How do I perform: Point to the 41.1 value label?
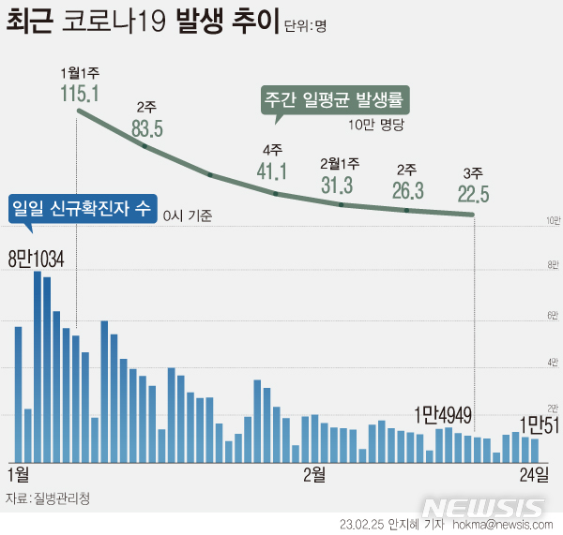click(x=273, y=170)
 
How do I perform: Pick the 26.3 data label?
click(x=407, y=190)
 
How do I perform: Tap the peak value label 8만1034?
click(x=36, y=259)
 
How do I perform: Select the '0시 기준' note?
click(x=187, y=215)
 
